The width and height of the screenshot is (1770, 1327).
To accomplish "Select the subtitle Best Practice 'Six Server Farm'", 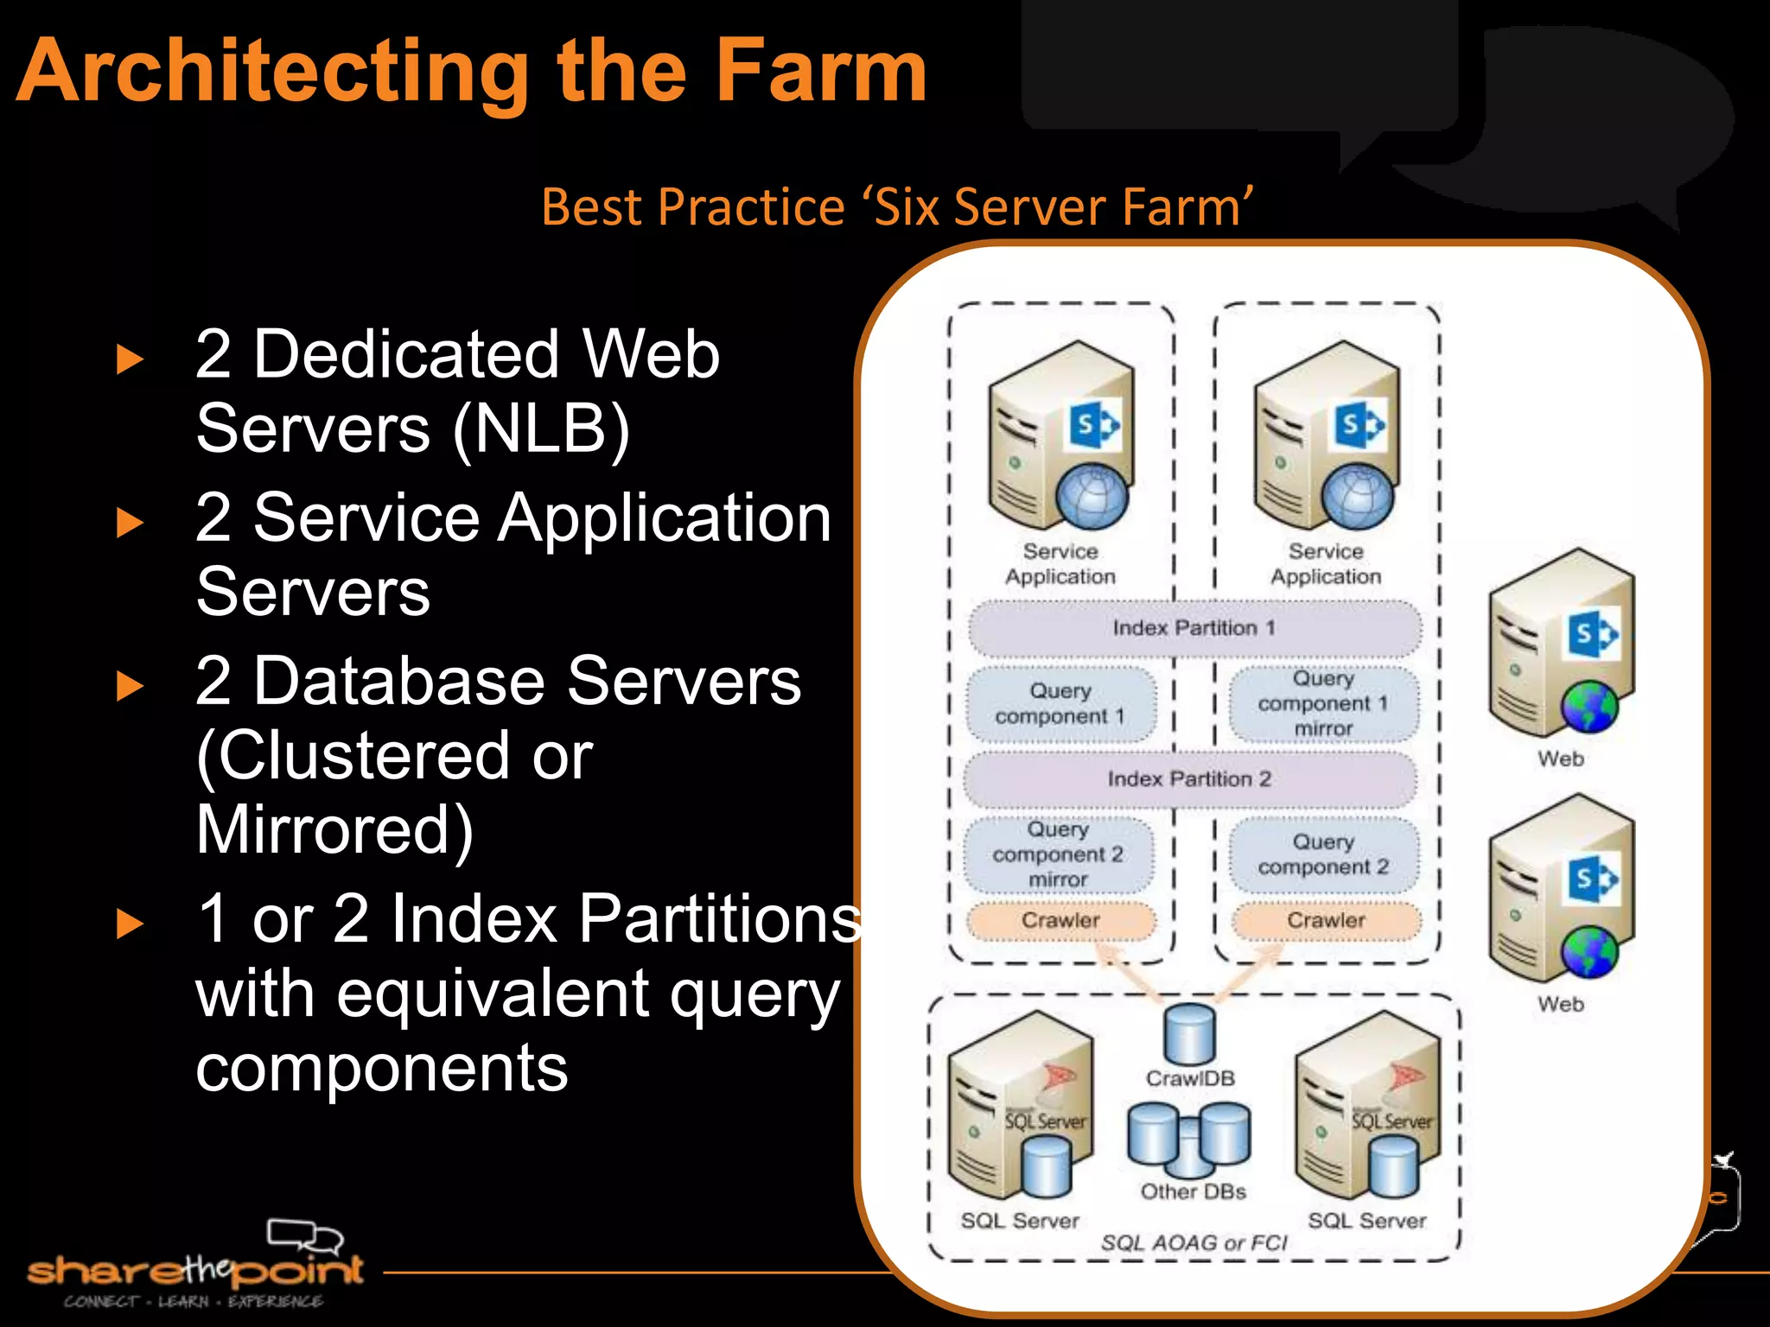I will point(897,207).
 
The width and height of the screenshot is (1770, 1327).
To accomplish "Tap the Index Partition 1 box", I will point(1194,628).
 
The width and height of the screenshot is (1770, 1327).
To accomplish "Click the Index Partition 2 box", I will point(1189,779).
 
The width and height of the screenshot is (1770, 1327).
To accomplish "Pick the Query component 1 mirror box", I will point(1323,704).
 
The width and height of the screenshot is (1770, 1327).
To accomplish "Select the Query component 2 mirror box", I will point(1058,854).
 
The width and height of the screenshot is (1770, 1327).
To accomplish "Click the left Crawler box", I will point(1060,921).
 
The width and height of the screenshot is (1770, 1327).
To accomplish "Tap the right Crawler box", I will point(1326,921).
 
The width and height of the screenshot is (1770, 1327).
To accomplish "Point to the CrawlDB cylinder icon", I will point(1189,1033).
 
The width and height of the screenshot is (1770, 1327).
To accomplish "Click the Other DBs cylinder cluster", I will point(1189,1140).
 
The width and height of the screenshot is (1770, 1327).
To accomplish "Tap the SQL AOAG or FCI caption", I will point(1194,1243).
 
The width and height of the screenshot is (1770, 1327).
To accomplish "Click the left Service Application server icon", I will point(1060,436).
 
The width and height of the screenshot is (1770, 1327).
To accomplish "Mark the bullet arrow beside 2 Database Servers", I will point(130,686).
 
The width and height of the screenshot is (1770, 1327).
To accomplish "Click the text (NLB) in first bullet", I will point(541,429).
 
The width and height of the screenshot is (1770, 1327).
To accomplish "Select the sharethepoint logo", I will point(194,1265).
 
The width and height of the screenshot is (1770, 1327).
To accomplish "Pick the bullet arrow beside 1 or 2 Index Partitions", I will point(130,924).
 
